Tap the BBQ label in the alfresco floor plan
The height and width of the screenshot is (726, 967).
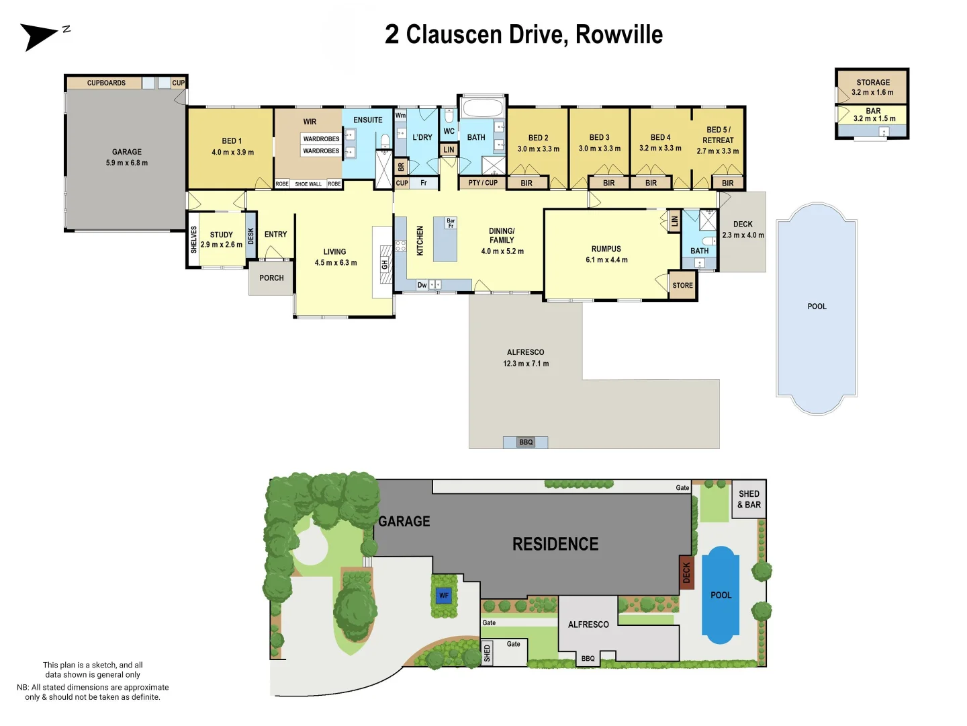point(526,442)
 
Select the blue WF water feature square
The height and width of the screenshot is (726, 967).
point(443,596)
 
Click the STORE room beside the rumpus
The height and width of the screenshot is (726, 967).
point(682,285)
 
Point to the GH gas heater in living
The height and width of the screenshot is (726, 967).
point(385,264)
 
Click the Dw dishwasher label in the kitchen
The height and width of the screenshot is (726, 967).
point(422,285)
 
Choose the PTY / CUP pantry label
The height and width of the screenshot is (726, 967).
point(483,182)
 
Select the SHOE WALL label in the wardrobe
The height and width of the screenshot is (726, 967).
point(308,184)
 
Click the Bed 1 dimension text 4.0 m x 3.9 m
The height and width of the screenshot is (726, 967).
point(232,152)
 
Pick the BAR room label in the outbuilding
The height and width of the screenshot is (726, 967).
point(873,111)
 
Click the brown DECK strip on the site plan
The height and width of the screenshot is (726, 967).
point(686,573)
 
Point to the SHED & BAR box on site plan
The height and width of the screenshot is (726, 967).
point(749,499)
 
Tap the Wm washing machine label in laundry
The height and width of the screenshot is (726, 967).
point(400,116)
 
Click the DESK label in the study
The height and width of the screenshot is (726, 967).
point(251,236)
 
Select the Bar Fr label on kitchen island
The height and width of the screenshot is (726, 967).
point(450,223)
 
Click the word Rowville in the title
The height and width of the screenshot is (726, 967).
point(619,34)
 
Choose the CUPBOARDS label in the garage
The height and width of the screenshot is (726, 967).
point(106,83)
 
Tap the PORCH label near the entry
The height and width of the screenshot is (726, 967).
point(271,278)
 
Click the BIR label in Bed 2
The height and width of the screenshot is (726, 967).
point(526,183)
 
